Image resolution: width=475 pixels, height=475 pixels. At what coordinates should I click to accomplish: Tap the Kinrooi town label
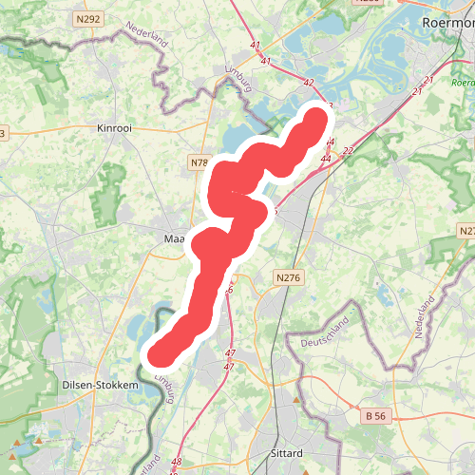coord(119,126)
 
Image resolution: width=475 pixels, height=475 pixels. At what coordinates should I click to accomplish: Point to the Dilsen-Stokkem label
coord(100,387)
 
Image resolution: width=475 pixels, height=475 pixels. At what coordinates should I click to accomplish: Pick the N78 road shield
coord(199,162)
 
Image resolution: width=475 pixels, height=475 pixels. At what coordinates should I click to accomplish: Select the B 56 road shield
coord(376,415)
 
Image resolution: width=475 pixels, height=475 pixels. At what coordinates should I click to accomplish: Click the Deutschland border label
coord(325,333)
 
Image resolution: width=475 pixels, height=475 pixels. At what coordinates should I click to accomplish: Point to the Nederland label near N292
coord(145,41)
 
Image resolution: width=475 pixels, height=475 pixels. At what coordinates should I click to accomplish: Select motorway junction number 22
coord(348,151)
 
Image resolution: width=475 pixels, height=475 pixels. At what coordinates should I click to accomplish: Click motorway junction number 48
coord(177,463)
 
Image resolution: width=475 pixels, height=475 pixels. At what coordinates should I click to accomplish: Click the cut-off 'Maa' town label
coord(174,238)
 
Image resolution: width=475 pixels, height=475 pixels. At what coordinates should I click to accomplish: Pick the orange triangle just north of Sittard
coord(296,399)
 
